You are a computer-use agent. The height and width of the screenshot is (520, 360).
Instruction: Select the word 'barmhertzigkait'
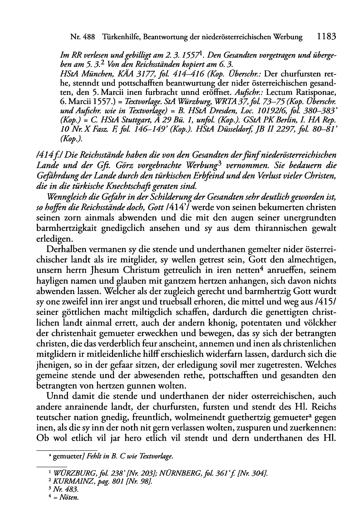coord(66,228)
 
